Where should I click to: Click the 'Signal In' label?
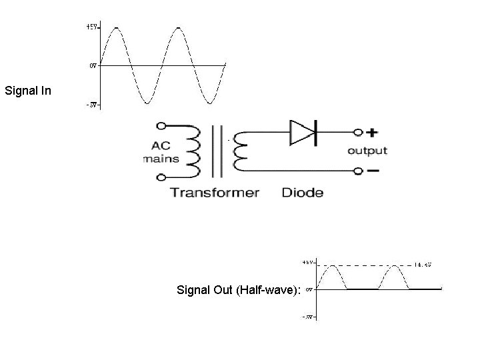click(27, 89)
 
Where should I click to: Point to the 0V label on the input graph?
click(93, 65)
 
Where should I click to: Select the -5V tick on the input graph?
click(93, 105)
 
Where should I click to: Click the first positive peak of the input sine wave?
click(117, 28)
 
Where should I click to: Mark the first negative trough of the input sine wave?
click(147, 103)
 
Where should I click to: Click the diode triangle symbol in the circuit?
click(301, 132)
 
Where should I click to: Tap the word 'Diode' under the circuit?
click(303, 193)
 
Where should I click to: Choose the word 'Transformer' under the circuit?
click(214, 193)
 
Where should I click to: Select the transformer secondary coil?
click(238, 152)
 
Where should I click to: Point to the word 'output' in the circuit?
click(367, 151)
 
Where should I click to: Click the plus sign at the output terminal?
click(373, 132)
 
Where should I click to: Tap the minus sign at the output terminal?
click(373, 171)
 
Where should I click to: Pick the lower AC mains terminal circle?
click(161, 177)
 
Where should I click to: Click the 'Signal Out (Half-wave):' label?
click(238, 290)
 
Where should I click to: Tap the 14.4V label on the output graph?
click(423, 265)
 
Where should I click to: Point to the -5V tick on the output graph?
click(310, 317)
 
